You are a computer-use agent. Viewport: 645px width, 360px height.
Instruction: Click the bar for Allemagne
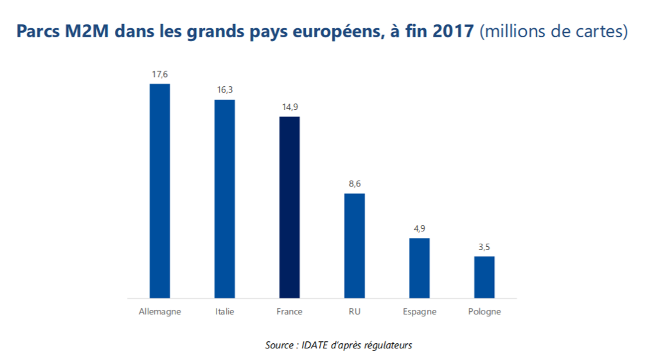click(x=159, y=191)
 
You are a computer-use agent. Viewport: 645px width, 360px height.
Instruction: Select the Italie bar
click(x=224, y=199)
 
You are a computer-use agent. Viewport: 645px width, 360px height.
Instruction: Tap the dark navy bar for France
click(x=289, y=207)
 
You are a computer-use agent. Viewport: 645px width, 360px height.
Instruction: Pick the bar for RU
click(x=354, y=246)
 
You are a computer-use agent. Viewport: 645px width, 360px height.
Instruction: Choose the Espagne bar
click(x=419, y=268)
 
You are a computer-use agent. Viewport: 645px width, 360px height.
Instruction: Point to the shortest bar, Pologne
click(x=484, y=277)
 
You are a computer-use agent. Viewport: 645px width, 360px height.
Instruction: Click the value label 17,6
click(x=159, y=75)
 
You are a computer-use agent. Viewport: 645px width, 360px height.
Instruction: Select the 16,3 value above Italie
click(x=224, y=90)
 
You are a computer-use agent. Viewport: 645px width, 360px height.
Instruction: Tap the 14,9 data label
click(x=289, y=107)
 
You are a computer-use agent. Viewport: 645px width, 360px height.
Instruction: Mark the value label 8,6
click(x=354, y=184)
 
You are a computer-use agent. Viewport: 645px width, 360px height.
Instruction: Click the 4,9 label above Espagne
click(x=419, y=229)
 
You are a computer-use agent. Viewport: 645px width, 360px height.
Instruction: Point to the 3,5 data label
click(x=484, y=247)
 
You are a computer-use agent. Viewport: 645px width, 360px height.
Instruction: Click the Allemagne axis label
click(x=159, y=312)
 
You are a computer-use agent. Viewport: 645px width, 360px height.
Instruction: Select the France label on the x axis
click(x=289, y=312)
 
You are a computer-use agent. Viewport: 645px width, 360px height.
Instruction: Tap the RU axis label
click(x=354, y=312)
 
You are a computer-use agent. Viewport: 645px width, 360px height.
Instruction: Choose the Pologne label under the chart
click(x=484, y=312)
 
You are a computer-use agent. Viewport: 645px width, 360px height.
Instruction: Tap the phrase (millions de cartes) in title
click(x=554, y=32)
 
